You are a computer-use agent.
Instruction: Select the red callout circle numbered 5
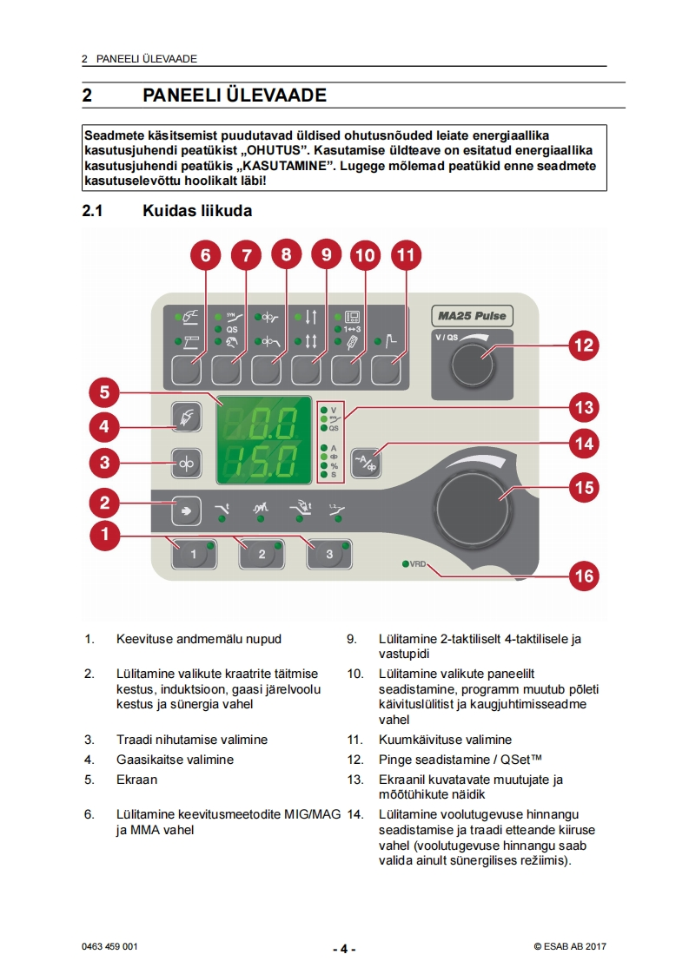pyautogui.click(x=104, y=392)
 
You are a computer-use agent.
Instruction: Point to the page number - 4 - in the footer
pyautogui.click(x=344, y=949)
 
